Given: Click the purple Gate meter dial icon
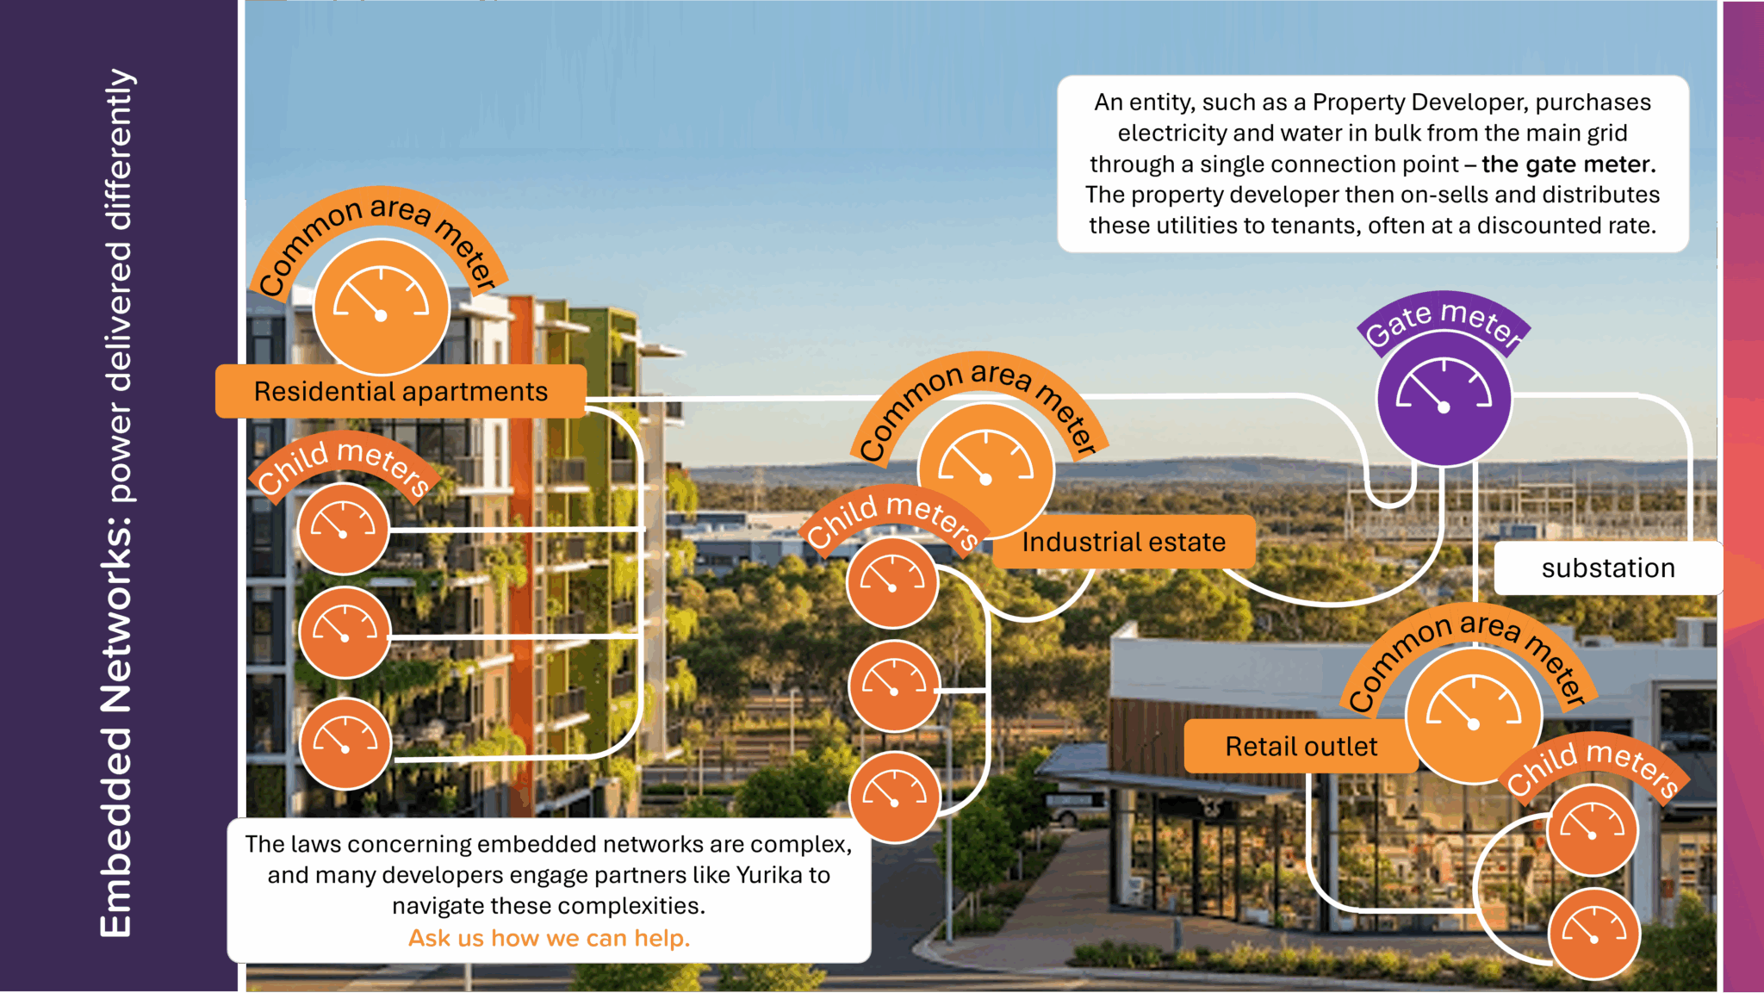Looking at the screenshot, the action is click(1444, 399).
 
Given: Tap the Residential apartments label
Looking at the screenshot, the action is click(401, 392).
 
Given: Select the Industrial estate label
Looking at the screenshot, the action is click(1123, 543).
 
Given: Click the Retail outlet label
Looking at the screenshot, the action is click(1301, 747).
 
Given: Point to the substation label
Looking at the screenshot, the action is click(1608, 568).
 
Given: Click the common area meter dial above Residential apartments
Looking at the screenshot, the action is click(382, 307).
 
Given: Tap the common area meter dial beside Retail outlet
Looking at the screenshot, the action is click(1473, 716).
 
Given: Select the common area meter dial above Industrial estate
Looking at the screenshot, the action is click(986, 470).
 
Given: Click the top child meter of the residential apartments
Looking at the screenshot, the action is click(343, 529).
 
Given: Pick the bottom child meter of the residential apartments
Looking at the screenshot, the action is click(345, 744).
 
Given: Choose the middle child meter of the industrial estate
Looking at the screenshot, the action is click(894, 686).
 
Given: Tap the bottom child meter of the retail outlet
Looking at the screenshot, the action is click(1593, 934).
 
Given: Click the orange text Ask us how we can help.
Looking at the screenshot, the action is click(550, 938).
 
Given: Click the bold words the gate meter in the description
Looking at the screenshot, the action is click(1568, 164).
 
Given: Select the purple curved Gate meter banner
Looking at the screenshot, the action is click(1444, 321).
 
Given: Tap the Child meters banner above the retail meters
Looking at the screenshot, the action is click(1593, 765).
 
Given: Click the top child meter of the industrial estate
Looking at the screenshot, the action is click(892, 582).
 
